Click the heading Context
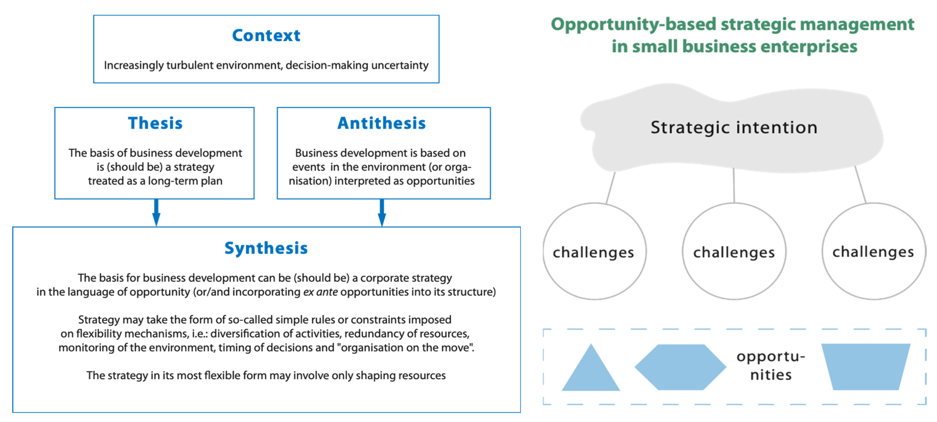coord(266,35)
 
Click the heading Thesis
coord(155,123)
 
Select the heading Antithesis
coord(382,123)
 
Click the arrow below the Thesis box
coord(156,213)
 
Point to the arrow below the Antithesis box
coord(382,213)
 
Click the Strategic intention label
coord(734,127)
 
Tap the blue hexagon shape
coord(680,367)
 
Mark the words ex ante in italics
coord(321,292)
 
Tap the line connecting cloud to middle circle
coord(734,185)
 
